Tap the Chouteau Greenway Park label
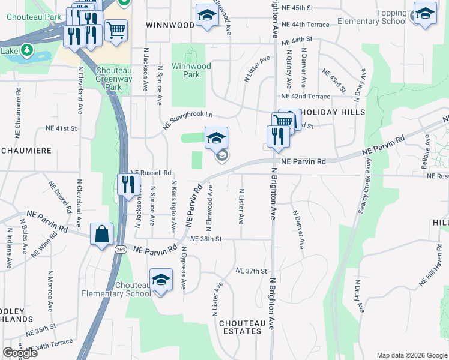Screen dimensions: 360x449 pyautogui.click(x=113, y=79)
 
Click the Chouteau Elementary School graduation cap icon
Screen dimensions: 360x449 pyautogui.click(x=161, y=280)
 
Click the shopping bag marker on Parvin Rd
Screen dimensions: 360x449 pyautogui.click(x=101, y=234)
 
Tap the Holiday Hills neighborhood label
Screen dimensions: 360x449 pyautogui.click(x=339, y=112)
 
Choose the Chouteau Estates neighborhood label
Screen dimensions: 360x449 pyautogui.click(x=240, y=327)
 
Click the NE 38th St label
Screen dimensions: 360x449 pyautogui.click(x=206, y=239)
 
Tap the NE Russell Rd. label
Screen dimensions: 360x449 pyautogui.click(x=151, y=172)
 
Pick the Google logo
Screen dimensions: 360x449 pyautogui.click(x=20, y=353)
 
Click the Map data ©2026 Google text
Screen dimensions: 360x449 pyautogui.click(x=411, y=355)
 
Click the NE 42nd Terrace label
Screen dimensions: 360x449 pyautogui.click(x=306, y=97)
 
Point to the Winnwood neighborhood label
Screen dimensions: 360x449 pyautogui.click(x=170, y=25)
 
